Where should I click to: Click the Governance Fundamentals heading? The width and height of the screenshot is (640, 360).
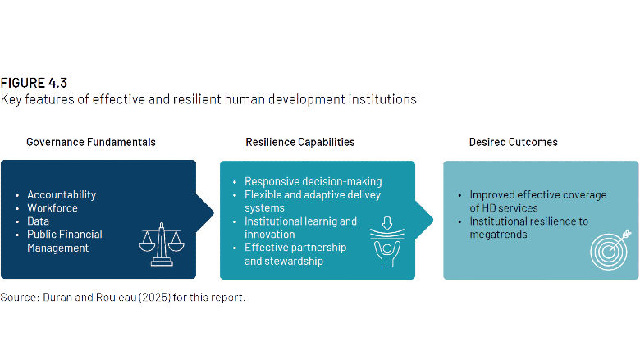91,142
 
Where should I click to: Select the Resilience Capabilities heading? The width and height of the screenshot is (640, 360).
300,142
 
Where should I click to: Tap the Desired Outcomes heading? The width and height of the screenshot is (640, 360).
513,142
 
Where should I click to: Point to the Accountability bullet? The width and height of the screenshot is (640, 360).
62,195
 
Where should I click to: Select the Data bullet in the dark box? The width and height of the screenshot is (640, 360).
39,221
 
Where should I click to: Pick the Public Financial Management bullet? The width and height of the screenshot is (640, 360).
64,241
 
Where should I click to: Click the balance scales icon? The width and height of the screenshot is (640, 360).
160,242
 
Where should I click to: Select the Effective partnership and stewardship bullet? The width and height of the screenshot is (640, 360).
295,254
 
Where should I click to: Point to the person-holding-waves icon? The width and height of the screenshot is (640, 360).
386,243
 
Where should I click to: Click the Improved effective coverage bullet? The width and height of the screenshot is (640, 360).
537,202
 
